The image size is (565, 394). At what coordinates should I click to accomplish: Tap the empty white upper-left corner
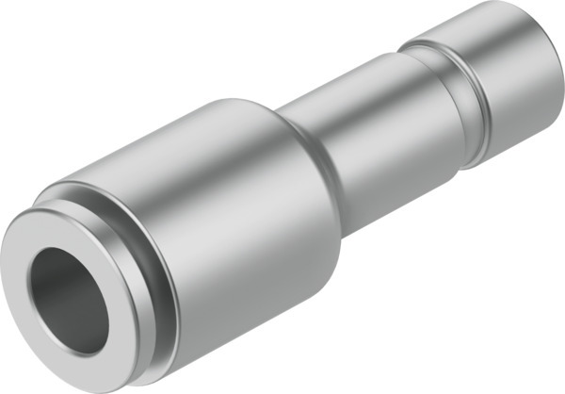coord(28,28)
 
